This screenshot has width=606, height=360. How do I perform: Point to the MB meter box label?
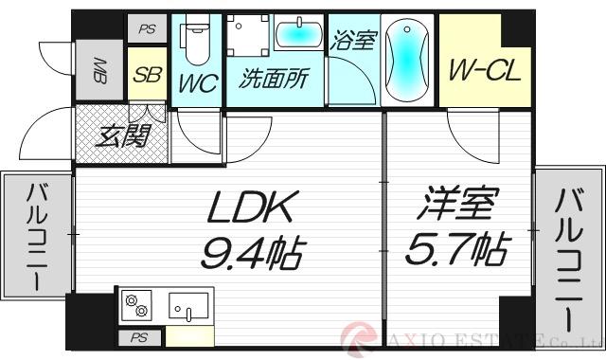(x=98, y=69)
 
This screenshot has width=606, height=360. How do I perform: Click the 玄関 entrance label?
(x=124, y=136)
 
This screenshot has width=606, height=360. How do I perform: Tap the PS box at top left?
(x=146, y=29)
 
